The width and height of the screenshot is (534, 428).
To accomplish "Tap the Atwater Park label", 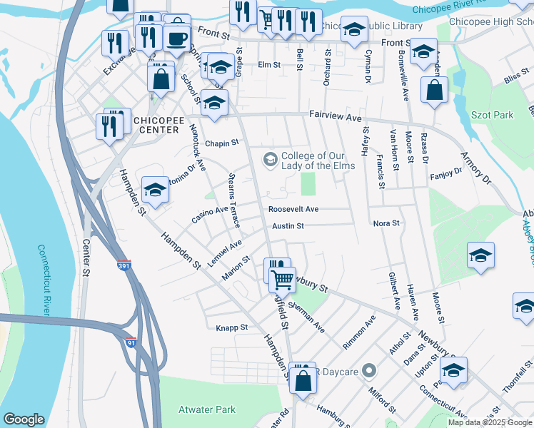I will tap(207, 409).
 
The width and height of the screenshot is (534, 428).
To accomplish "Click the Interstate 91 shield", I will tap(131, 342).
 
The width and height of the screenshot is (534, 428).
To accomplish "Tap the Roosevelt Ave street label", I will tap(293, 209).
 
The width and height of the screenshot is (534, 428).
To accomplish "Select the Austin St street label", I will tap(288, 226).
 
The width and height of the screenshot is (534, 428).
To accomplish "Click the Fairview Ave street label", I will tap(336, 115).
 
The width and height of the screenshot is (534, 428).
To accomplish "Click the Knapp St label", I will tap(231, 328).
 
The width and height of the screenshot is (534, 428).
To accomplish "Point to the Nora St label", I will tap(386, 223).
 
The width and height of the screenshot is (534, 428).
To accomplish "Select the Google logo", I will tap(24, 419).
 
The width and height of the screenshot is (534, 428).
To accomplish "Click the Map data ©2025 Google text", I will tap(490, 422).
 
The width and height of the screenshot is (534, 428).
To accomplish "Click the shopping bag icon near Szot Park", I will tap(434, 91).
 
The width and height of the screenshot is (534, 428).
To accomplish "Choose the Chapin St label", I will tap(221, 143).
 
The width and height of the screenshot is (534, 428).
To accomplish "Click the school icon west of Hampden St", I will tap(155, 189).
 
